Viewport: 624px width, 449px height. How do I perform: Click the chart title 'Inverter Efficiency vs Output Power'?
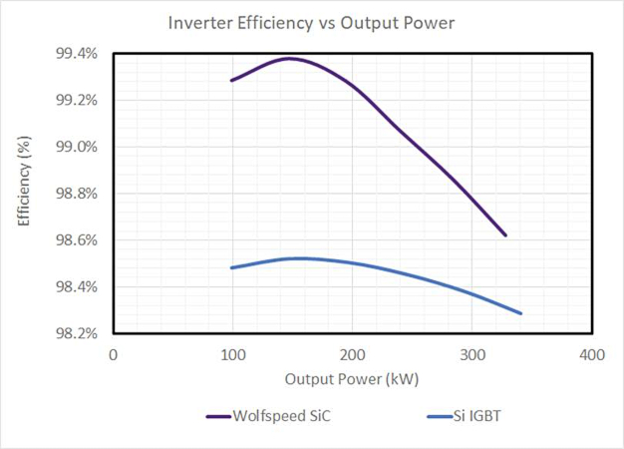pos(311,22)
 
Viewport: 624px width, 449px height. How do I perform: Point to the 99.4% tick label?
pos(76,54)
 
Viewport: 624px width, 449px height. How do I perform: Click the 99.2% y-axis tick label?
pos(76,100)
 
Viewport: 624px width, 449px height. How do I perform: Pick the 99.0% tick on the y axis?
pos(76,147)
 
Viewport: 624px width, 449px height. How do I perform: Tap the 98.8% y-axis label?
pos(76,194)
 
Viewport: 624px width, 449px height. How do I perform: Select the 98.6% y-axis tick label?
pos(76,240)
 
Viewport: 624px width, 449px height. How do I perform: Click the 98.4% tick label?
pos(76,287)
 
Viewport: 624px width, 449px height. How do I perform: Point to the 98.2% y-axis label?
pos(76,333)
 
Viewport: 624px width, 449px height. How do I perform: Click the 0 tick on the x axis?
pos(114,354)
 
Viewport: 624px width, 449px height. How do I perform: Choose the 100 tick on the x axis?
pos(232,354)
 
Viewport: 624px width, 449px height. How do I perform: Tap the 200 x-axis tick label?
pos(353,354)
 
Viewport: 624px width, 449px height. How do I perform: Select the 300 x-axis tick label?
pos(472,354)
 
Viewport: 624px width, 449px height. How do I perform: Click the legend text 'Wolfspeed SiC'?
pos(280,416)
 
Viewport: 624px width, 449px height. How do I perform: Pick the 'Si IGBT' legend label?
pos(479,416)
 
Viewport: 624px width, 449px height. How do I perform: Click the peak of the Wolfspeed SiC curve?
pos(289,58)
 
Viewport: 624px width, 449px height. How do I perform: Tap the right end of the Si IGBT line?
pos(520,313)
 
